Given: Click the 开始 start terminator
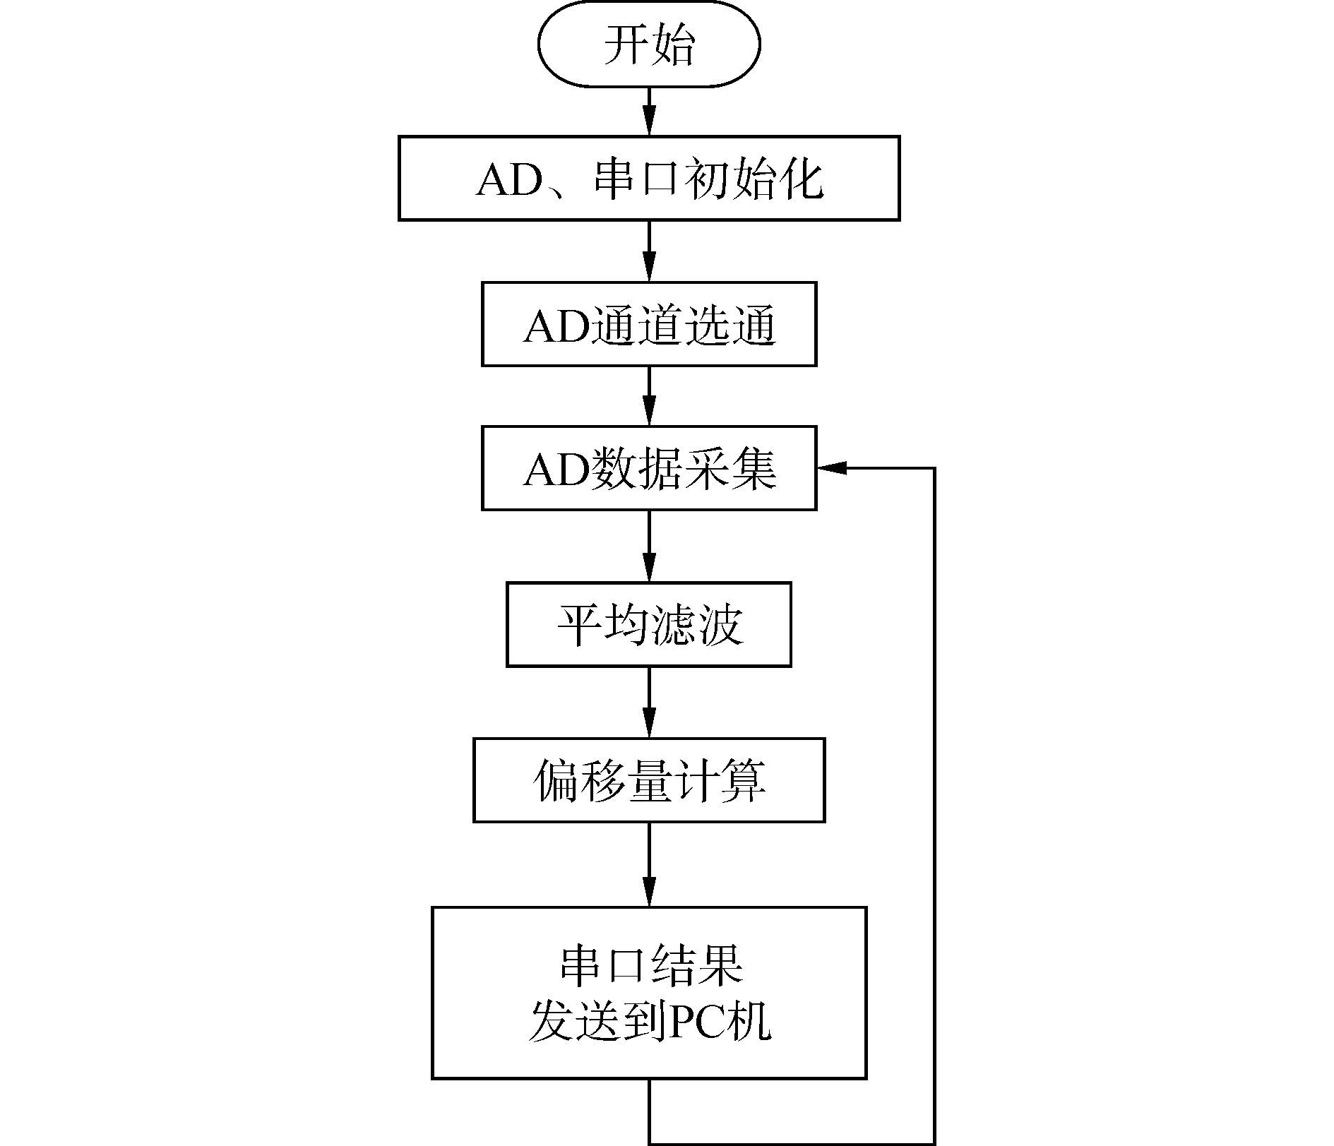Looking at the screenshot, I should pos(649,44).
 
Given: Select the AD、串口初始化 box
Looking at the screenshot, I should pos(649,178).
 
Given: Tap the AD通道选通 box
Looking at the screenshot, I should pos(649,324).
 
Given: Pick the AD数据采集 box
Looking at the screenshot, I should pos(649,467).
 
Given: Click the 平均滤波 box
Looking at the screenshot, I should pos(649,624).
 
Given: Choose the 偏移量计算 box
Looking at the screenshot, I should pos(649,780).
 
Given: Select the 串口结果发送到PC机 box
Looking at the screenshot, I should pos(649,993).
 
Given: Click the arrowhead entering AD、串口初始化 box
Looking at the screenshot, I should pos(649,121).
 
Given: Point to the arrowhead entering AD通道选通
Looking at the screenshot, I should pos(649,268).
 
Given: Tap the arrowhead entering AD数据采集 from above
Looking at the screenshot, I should pos(649,412).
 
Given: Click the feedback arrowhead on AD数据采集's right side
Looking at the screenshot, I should pos(831,467).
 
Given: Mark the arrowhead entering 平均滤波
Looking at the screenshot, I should pos(649,569).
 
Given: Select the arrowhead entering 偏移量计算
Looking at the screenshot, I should pos(649,725).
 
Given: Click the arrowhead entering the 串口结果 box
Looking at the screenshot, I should pos(649,893).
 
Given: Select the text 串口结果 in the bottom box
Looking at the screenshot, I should pos(651,965).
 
